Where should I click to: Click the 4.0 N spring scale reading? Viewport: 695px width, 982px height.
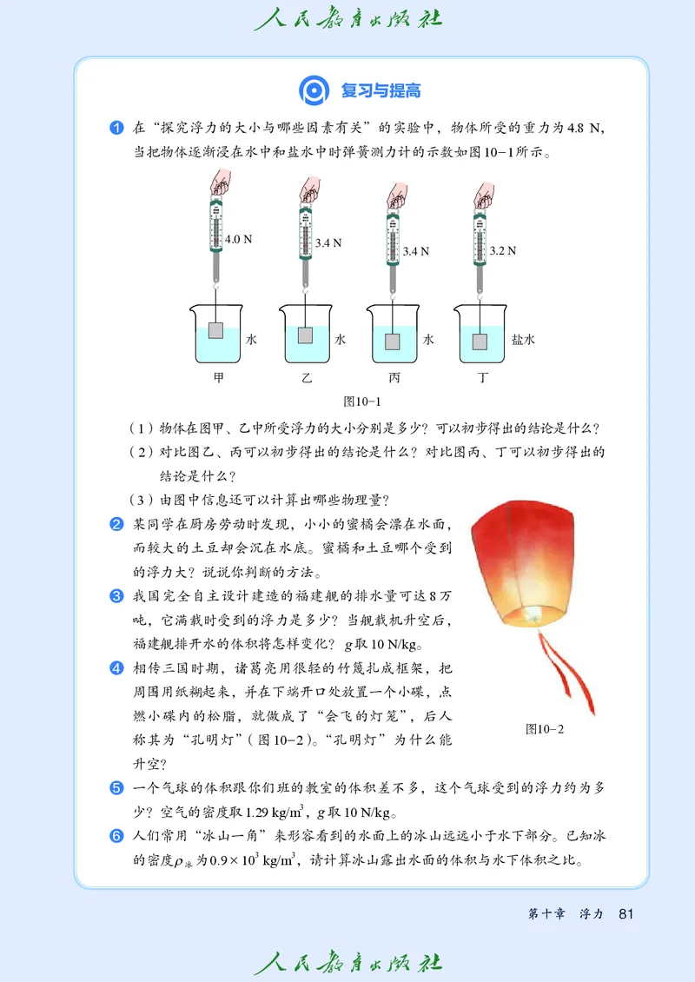coord(238,238)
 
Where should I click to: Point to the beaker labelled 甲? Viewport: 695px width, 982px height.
coord(216,334)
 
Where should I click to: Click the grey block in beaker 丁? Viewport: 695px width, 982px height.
coord(480,341)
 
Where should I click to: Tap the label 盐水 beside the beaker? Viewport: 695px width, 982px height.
coord(523,340)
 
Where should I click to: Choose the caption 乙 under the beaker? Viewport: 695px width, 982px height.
coord(306,378)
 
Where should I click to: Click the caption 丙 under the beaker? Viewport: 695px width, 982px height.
coord(395,378)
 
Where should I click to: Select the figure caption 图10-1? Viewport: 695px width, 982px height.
coord(362,401)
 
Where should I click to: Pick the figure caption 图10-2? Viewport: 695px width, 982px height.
coord(545,729)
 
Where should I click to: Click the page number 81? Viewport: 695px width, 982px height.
coord(627,913)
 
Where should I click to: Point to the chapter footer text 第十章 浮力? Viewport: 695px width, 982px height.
coord(566,914)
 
